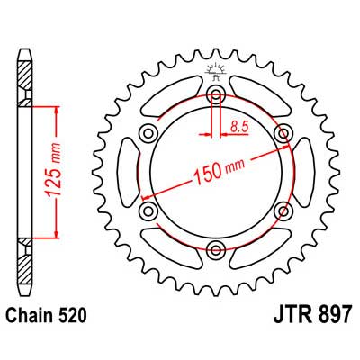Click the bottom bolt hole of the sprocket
point(216,248)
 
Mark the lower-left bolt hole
point(148,211)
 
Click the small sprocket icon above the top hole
point(216,73)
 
